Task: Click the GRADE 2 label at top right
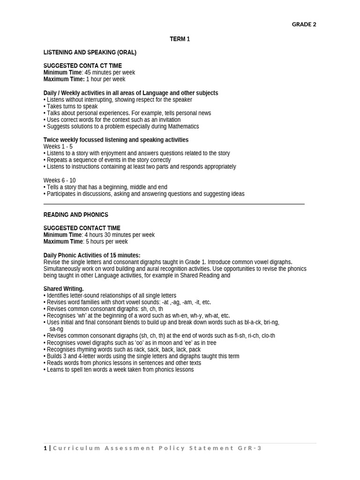coord(304,24)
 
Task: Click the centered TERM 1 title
coord(180,39)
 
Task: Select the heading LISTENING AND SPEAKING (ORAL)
coord(90,52)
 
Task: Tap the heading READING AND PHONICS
coord(75,215)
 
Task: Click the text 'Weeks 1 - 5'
coord(58,147)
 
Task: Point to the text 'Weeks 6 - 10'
coord(60,180)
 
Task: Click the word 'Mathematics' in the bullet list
coord(184,127)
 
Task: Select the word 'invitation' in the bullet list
coord(167,120)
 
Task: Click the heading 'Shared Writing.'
coord(63,289)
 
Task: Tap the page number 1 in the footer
coord(45,448)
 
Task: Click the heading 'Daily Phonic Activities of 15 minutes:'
coord(92,255)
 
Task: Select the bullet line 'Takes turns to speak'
coord(72,106)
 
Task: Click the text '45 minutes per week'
coord(110,73)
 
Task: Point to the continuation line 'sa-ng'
coord(56,329)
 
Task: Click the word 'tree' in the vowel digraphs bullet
coord(211,343)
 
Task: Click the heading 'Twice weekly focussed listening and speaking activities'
coord(116,140)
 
